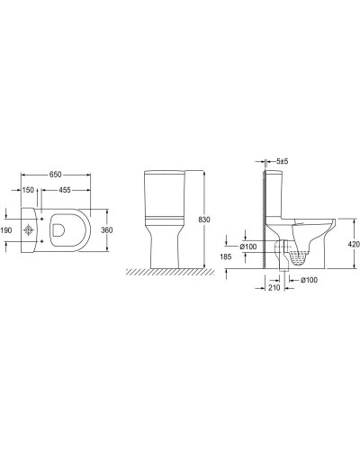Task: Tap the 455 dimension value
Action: point(65,191)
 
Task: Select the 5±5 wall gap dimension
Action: point(281,160)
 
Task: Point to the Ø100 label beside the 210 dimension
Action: point(308,281)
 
